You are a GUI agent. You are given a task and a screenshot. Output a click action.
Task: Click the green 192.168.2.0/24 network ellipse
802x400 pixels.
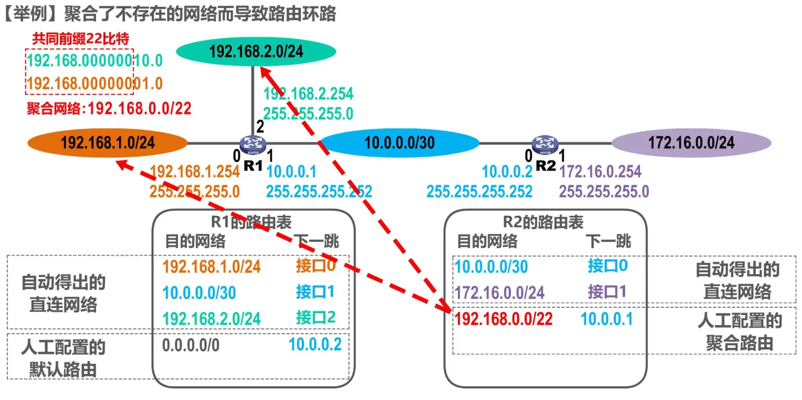pos(256,52)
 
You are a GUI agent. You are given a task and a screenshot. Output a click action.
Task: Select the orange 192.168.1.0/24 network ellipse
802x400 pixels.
pos(107,143)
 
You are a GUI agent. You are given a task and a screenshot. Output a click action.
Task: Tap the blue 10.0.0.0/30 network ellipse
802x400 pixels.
pos(399,143)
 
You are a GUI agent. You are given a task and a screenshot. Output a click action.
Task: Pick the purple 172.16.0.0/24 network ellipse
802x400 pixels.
pos(691,143)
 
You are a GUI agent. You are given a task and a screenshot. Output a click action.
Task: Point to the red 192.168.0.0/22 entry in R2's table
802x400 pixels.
pos(503,319)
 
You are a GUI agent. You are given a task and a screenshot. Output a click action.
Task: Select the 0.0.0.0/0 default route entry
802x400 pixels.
pos(191,345)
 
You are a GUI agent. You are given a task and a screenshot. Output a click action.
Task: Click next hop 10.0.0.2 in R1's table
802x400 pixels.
pos(315,344)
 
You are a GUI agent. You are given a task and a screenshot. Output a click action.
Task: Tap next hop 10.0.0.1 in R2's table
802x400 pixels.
pos(606,319)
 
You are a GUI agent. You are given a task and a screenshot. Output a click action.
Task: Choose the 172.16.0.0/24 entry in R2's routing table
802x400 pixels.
pos(499,292)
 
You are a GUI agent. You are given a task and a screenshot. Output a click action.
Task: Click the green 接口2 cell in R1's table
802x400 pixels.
pos(315,317)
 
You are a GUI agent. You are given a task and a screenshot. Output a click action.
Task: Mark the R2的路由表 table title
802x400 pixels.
pos(543,222)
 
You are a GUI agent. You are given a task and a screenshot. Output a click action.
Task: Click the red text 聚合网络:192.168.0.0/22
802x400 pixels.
pos(109,109)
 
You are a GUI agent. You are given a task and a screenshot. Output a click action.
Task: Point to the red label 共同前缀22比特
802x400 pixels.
pos(80,39)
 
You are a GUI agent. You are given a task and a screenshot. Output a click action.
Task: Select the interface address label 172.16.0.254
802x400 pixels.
pos(600,171)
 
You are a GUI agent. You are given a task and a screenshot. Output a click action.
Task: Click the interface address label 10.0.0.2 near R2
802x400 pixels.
pos(507,171)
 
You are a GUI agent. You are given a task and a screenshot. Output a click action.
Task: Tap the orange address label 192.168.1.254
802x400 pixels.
pos(194,171)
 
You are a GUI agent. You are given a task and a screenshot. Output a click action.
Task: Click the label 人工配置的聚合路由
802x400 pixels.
pos(740,332)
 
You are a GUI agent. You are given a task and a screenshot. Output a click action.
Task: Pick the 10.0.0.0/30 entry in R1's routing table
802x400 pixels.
pos(199,293)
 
